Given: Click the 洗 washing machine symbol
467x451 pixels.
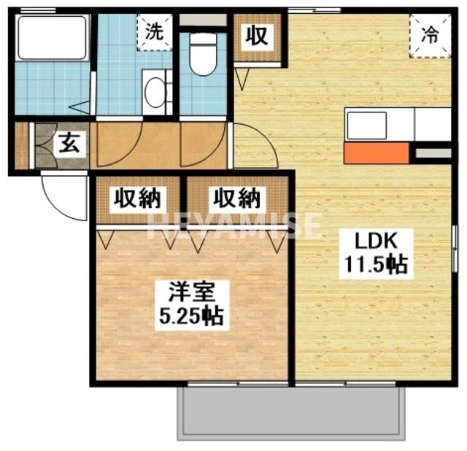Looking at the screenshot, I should pos(154,31).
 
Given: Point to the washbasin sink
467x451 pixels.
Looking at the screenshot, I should pos(154,93).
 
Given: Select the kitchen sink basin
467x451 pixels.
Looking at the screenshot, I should pos(371,125).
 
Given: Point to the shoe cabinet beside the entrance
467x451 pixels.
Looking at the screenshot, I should pos(21,146).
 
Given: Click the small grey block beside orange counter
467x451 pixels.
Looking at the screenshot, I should pos(432,153).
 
